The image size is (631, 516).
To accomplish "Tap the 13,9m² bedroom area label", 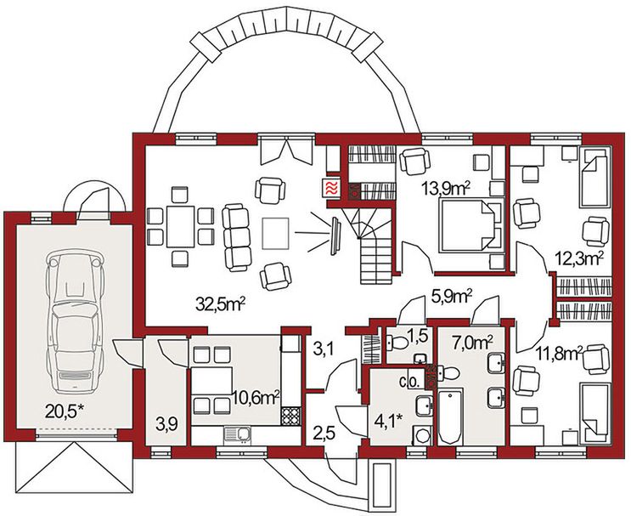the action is pos(446,188).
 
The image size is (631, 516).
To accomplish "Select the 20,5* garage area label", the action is pos(65,411).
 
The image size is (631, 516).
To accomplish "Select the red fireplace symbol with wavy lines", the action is pos(332,189).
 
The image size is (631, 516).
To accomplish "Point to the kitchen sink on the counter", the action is pos(238,435).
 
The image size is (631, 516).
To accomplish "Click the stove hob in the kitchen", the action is pos(290,417).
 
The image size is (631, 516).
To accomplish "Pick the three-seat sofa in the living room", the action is pos(237,237).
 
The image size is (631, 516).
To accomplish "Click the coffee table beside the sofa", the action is pos(276,233).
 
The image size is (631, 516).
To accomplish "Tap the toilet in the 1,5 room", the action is pos(397,343).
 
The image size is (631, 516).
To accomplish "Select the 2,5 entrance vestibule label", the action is pos(324,434).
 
